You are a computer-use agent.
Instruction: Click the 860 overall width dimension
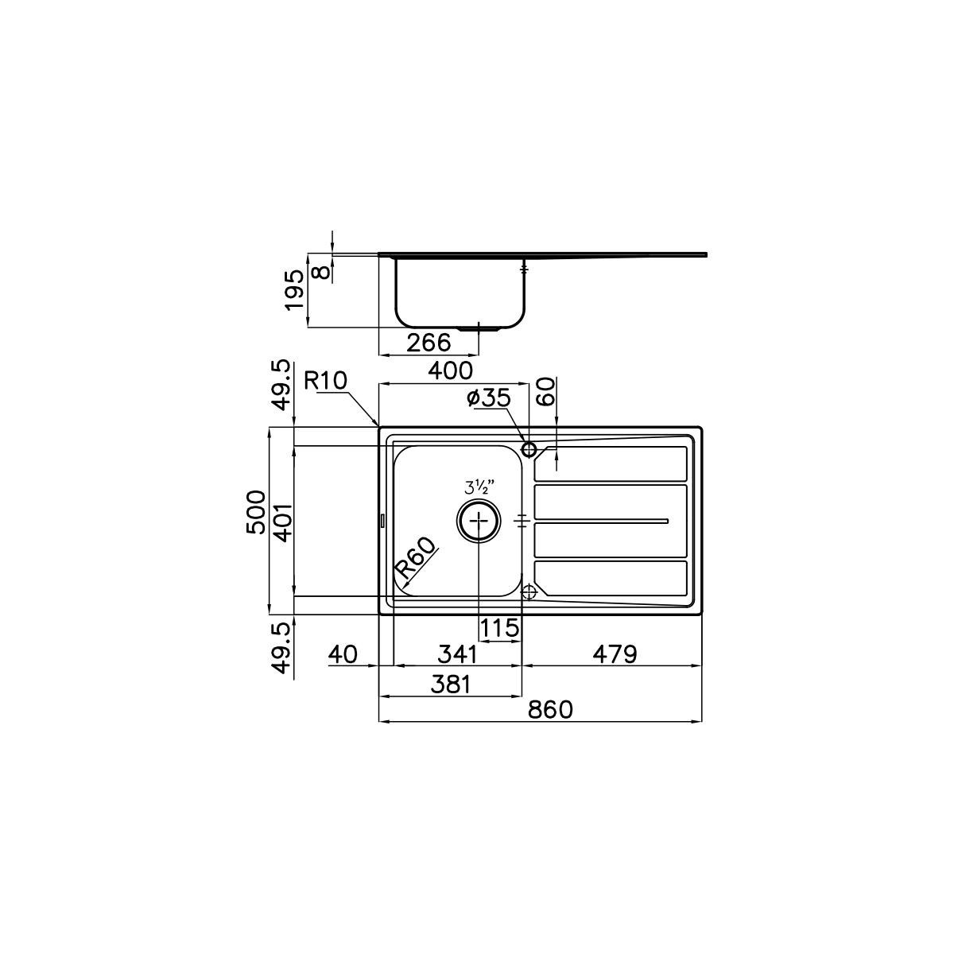click(x=549, y=709)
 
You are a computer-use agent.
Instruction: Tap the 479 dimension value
click(x=615, y=654)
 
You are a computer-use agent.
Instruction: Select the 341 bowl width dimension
click(x=457, y=654)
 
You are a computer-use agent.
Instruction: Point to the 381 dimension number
click(x=450, y=684)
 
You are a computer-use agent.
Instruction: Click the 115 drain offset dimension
click(x=499, y=628)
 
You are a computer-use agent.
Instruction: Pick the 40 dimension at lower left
click(x=343, y=654)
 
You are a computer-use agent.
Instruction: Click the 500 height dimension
click(x=255, y=512)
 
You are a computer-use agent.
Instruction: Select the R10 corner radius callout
click(x=325, y=381)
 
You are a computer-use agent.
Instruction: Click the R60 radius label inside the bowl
click(x=416, y=559)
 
